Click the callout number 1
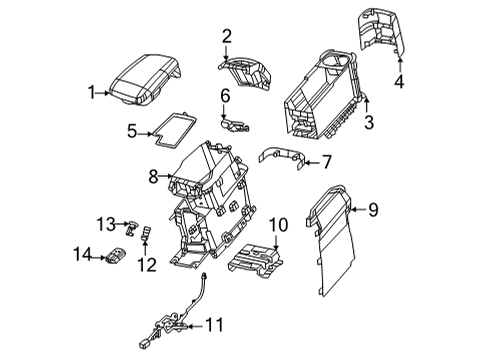click(x=91, y=92)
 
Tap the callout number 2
click(x=226, y=37)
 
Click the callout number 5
click(x=132, y=129)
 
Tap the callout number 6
click(x=226, y=95)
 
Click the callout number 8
click(x=153, y=178)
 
